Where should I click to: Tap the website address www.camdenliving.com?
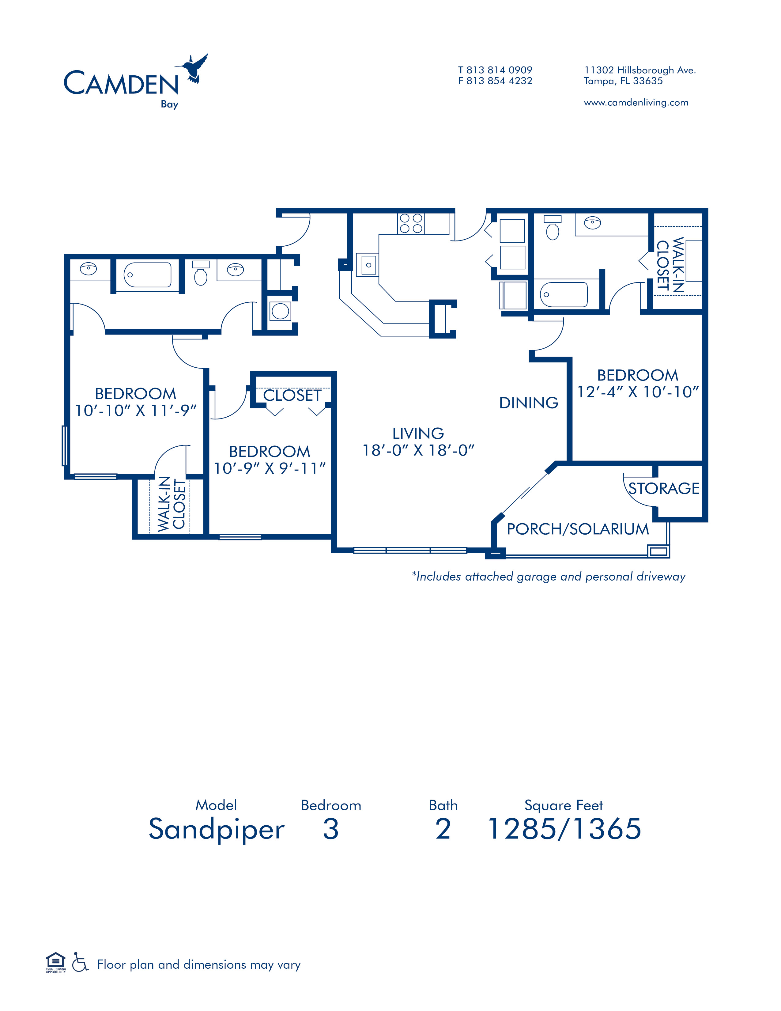tap(636, 103)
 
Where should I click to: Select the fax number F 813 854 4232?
tap(495, 81)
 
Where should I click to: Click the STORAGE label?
tap(663, 488)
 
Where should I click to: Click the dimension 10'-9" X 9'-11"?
tap(269, 468)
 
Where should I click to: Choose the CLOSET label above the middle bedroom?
tap(292, 395)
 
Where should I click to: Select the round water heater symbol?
tap(280, 311)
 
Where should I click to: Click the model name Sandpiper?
tap(216, 829)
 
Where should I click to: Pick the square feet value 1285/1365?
tap(564, 829)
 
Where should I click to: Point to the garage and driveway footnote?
tap(548, 576)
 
